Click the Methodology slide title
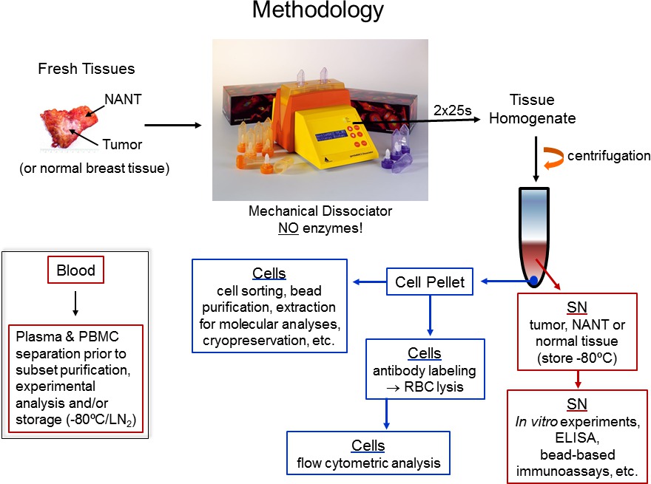coord(318,10)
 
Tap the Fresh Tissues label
coord(87,69)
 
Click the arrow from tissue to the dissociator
coord(172,125)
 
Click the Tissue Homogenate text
coord(531,109)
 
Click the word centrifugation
coord(609,156)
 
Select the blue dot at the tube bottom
coord(533,279)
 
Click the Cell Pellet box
coord(431,281)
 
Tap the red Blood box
coord(75,270)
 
